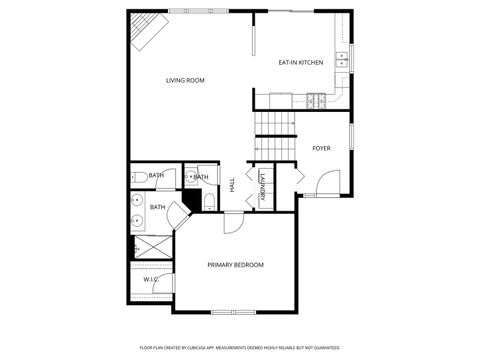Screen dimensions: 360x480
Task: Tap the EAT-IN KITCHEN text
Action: pos(300,63)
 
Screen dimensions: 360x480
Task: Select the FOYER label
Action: pos(321,148)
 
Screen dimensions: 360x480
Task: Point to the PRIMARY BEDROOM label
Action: pos(235,264)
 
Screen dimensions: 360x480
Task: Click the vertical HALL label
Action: pos(232,187)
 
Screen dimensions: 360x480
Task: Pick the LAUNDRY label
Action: pos(262,187)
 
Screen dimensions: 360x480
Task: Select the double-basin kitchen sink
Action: pos(342,59)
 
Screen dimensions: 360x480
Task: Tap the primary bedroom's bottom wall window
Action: pos(229,312)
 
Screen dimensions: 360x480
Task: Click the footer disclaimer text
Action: pos(239,346)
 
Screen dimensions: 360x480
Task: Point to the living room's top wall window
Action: pos(196,11)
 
